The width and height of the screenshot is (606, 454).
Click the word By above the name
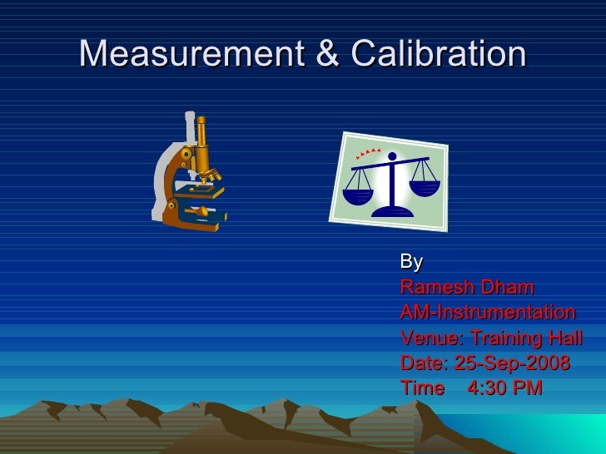pos(411,263)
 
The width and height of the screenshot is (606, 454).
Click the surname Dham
pos(508,289)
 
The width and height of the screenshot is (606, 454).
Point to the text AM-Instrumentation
pos(488,313)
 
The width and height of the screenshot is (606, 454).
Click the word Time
pos(422,388)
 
